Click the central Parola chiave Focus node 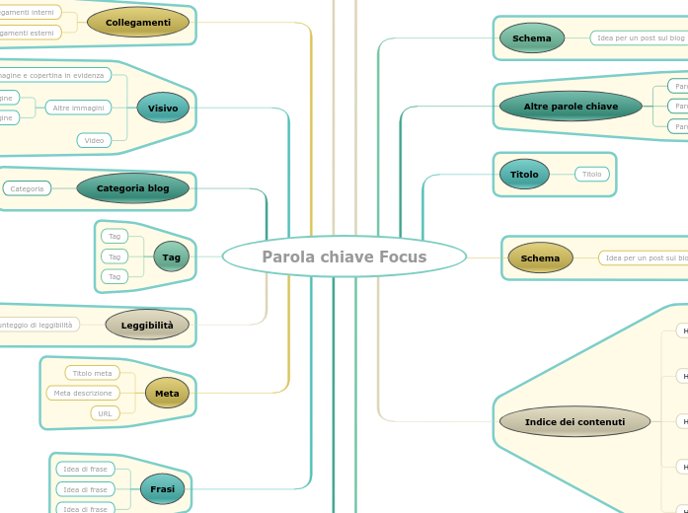point(344,256)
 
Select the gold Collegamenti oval point(138,22)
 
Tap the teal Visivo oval point(163,108)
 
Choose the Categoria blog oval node point(132,187)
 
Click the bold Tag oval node point(172,256)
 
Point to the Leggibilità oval point(147,325)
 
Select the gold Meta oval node point(167,393)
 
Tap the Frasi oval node point(162,488)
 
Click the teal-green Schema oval point(532,38)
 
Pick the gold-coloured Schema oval point(540,257)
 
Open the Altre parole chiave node point(571,106)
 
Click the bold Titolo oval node point(524,174)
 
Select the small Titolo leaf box point(592,174)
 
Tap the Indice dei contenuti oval point(574,421)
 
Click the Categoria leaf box point(27,187)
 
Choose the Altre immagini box point(78,108)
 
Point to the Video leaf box point(94,140)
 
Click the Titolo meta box point(92,373)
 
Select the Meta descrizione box point(83,393)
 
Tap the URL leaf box point(105,413)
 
